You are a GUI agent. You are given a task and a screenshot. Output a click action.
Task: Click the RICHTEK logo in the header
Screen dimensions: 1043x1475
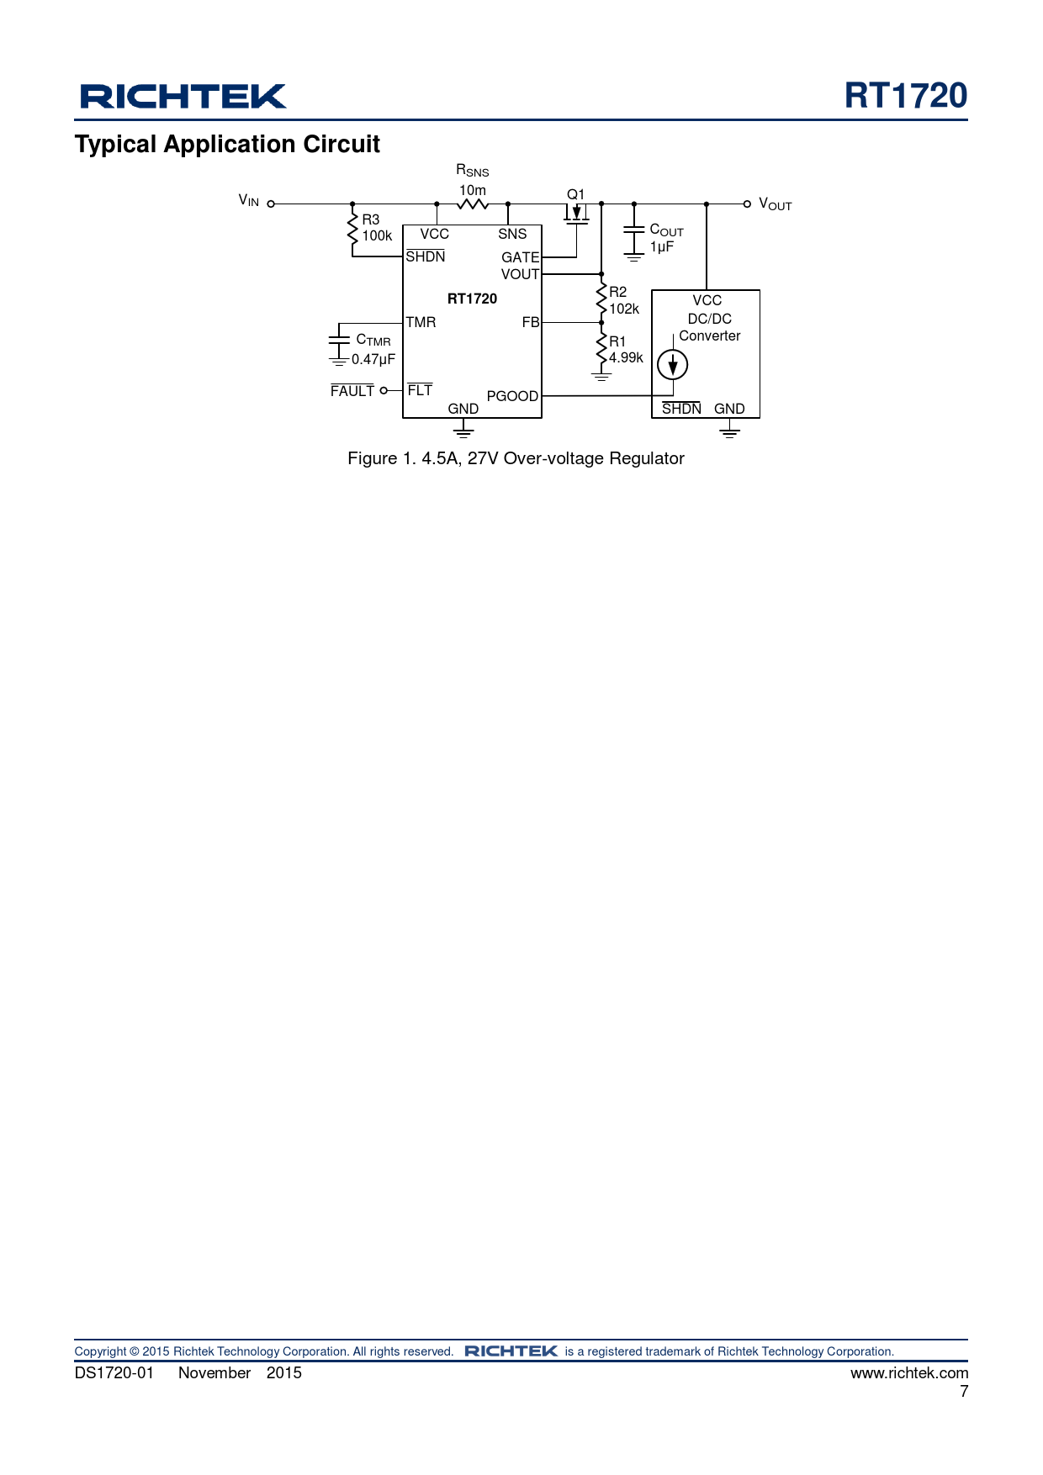pyautogui.click(x=183, y=97)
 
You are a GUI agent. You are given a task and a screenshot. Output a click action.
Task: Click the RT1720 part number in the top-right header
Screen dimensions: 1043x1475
pyautogui.click(x=906, y=96)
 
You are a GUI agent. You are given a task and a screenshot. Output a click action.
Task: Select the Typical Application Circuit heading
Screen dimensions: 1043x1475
pyautogui.click(x=227, y=145)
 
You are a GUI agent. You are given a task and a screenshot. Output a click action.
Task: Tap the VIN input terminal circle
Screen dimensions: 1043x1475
pyautogui.click(x=271, y=204)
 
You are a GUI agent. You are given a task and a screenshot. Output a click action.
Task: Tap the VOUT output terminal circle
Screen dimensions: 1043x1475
pyautogui.click(x=747, y=204)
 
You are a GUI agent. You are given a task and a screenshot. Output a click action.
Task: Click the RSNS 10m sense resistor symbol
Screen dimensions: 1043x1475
pyautogui.click(x=473, y=204)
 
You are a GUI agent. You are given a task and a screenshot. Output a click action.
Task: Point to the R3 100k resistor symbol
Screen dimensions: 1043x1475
pyautogui.click(x=352, y=230)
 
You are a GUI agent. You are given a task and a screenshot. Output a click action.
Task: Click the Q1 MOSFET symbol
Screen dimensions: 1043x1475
pyautogui.click(x=576, y=214)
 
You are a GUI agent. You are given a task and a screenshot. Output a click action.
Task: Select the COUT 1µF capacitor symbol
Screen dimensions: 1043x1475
pyautogui.click(x=633, y=239)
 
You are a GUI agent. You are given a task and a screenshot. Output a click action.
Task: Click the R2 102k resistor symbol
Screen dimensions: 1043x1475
pyautogui.click(x=601, y=299)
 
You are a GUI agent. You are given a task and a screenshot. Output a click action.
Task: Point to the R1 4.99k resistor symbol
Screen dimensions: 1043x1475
pyautogui.click(x=601, y=348)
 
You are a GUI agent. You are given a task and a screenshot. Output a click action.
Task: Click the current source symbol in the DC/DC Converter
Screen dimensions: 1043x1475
pyautogui.click(x=672, y=364)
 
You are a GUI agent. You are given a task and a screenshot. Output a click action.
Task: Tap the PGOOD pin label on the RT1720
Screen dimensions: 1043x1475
pyautogui.click(x=512, y=396)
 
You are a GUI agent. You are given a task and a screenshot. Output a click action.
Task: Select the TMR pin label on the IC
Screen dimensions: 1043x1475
pyautogui.click(x=421, y=322)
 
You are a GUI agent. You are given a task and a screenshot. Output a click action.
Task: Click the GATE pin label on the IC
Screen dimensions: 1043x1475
pyautogui.click(x=521, y=257)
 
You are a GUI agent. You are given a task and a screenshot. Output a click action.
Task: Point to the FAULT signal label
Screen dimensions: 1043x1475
pyautogui.click(x=352, y=391)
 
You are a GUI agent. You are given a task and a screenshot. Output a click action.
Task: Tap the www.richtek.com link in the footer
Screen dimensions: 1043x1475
pyautogui.click(x=909, y=1372)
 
